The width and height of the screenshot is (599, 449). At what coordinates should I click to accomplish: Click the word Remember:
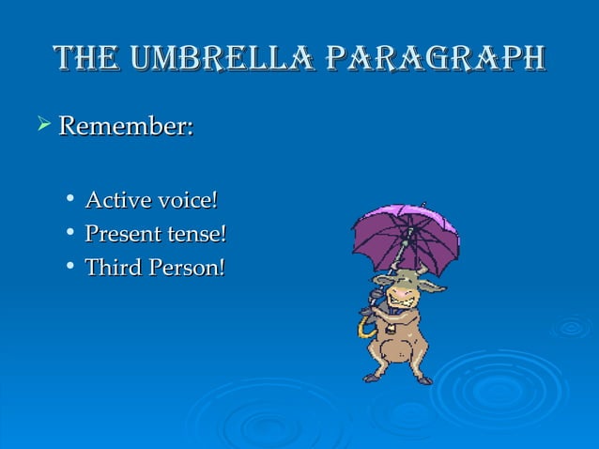tap(126, 126)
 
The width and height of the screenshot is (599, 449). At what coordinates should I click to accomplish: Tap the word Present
tap(123, 233)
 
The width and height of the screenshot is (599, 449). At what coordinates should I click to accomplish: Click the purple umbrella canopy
tap(406, 235)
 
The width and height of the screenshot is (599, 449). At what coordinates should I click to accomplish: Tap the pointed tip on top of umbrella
tap(423, 204)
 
